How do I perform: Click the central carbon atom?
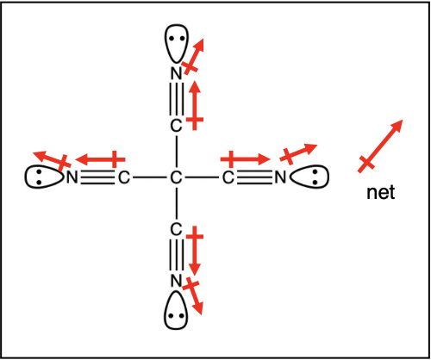click(x=176, y=177)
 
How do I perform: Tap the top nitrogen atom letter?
click(x=177, y=73)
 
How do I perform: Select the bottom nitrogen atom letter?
click(x=177, y=281)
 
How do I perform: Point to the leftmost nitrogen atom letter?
click(x=72, y=177)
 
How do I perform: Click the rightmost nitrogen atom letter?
click(x=280, y=177)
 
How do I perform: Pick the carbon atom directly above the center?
click(x=176, y=126)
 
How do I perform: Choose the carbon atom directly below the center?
click(x=176, y=229)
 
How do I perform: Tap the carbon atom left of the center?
click(x=124, y=177)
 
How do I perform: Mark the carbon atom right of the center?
click(x=228, y=177)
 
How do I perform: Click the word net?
click(x=381, y=193)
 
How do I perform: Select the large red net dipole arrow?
click(x=380, y=146)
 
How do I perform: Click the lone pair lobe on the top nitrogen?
click(x=177, y=43)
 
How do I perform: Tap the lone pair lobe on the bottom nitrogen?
click(x=176, y=310)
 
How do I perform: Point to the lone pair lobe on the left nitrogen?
click(x=44, y=177)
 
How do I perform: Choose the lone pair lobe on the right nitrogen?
click(x=309, y=177)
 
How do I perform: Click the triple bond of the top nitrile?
click(x=177, y=100)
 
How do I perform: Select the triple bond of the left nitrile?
click(x=98, y=177)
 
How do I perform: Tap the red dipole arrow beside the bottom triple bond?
click(x=195, y=251)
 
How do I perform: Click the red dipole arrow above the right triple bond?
click(x=246, y=159)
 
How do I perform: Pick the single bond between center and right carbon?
click(x=202, y=177)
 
